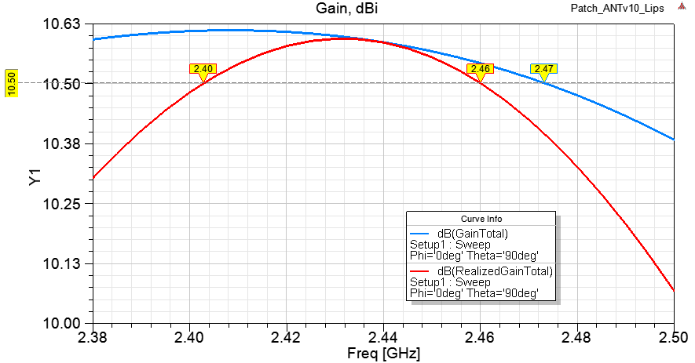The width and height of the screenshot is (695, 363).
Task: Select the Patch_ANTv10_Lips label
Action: [x=633, y=8]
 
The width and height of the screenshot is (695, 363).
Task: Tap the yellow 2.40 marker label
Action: [x=203, y=69]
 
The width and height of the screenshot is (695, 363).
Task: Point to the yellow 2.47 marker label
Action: [x=543, y=69]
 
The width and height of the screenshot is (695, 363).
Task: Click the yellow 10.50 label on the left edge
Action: [x=11, y=83]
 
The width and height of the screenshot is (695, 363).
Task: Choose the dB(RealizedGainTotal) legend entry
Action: [x=495, y=271]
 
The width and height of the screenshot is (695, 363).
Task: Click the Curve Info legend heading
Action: [x=481, y=218]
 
